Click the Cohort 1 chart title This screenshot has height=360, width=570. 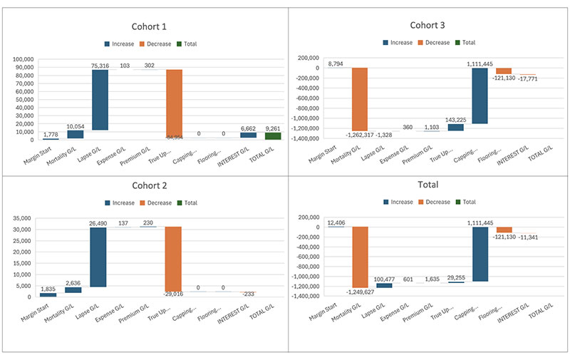145,27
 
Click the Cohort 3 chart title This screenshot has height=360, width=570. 428,26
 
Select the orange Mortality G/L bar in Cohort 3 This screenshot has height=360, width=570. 359,99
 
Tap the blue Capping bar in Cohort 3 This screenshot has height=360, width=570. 480,96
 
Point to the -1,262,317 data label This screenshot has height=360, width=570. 366,135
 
